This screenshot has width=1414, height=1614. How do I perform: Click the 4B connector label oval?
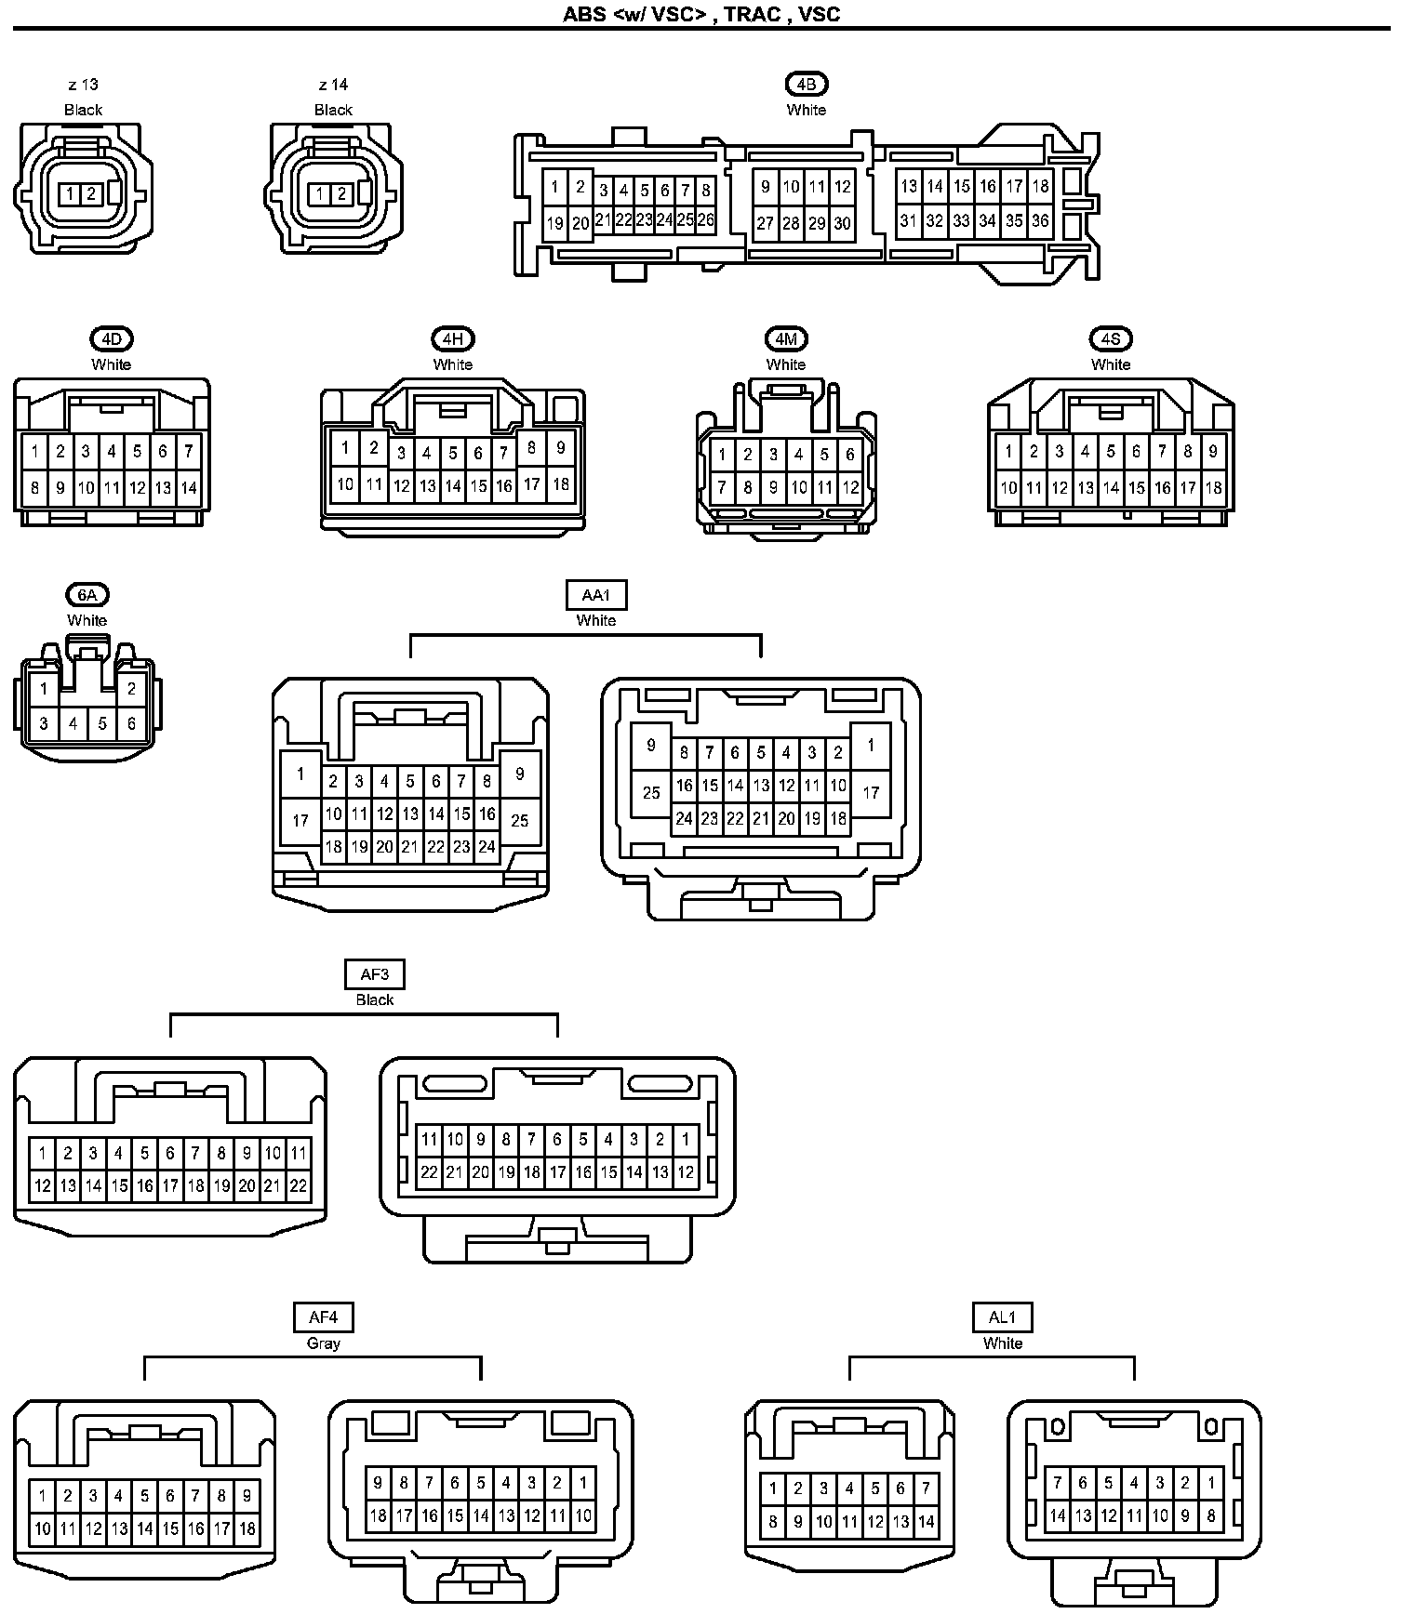[806, 84]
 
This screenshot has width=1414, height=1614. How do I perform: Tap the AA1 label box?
[595, 595]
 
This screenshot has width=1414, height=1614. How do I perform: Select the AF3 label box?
[375, 974]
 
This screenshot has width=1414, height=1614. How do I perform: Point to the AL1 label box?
[1002, 1317]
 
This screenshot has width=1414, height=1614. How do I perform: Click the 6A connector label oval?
[87, 594]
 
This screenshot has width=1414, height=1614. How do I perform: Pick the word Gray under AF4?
[323, 1343]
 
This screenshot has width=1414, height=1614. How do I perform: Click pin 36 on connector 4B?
[1040, 221]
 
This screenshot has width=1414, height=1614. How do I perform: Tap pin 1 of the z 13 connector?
[71, 194]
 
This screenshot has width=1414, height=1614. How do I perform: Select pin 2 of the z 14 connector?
[341, 194]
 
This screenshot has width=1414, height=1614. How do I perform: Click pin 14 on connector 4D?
[189, 487]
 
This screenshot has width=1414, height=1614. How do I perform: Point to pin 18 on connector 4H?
[560, 484]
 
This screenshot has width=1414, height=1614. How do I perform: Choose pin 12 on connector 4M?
[850, 487]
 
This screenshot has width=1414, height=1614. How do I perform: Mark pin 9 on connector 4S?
[1213, 452]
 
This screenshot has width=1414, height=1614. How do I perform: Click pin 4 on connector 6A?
[73, 723]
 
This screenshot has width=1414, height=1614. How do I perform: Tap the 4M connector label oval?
[785, 338]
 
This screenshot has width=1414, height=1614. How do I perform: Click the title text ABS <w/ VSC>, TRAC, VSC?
[701, 14]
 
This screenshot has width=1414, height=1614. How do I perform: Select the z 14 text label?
[333, 85]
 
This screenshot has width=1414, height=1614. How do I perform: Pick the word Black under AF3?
[375, 999]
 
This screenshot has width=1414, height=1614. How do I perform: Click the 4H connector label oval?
[453, 338]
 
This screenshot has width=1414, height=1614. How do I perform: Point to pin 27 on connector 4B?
[765, 223]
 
